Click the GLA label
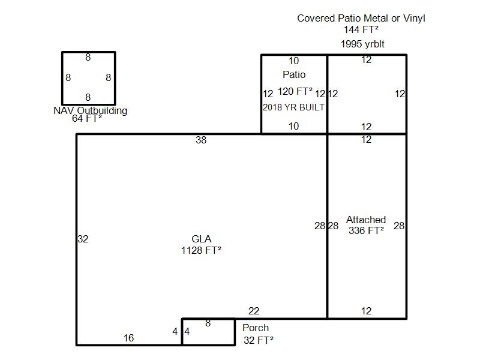pos(201,239)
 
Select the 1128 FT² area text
pos(201,250)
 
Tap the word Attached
pos(366,220)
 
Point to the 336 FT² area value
pos(366,230)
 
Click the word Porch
pos(256,328)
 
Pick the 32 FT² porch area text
pos(259,340)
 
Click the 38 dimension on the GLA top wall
pos(201,140)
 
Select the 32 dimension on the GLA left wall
pos(83,239)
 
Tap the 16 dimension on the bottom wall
pos(128,338)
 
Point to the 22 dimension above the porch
pos(254,311)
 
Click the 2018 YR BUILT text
pos(293,107)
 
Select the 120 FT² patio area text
pos(295,91)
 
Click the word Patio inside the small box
pos(294,74)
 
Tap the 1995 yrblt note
pos(362,44)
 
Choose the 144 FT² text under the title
pos(361,29)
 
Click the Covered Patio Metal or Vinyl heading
pos(361,18)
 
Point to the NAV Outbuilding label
pos(91,110)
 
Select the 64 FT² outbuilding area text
pos(87,118)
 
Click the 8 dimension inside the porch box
pos(208,323)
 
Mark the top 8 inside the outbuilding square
pos(88,57)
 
